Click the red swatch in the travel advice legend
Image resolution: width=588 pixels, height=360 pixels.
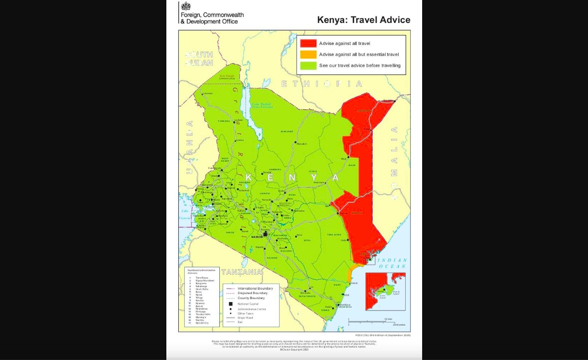pyautogui.click(x=308, y=43)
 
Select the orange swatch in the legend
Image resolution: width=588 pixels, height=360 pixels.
pyautogui.click(x=308, y=54)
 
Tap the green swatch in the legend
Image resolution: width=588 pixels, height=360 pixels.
pyautogui.click(x=308, y=65)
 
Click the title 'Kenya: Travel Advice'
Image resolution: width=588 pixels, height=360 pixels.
pyautogui.click(x=364, y=20)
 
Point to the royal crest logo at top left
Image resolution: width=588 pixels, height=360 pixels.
pyautogui.click(x=186, y=6)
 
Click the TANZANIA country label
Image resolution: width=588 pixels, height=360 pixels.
pyautogui.click(x=242, y=272)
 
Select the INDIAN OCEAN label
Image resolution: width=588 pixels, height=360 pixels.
pyautogui.click(x=392, y=263)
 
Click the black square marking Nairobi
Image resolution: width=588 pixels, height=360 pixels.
pyautogui.click(x=266, y=234)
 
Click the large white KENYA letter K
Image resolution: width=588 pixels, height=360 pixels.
pyautogui.click(x=249, y=178)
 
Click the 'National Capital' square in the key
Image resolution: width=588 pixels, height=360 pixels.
pyautogui.click(x=231, y=304)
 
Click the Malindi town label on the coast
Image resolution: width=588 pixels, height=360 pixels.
pyautogui.click(x=354, y=283)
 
